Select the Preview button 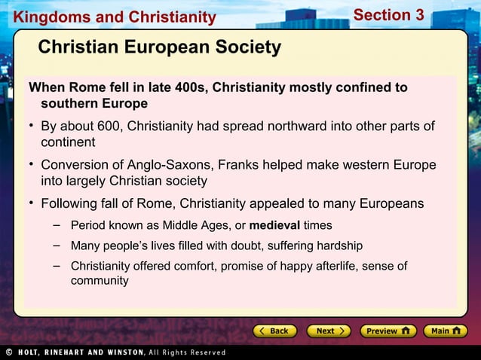pos(387,331)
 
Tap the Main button pos(445,331)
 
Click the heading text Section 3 pos(388,15)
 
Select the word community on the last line pos(100,281)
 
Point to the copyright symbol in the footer pos(7,352)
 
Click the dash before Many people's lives pos(57,246)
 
